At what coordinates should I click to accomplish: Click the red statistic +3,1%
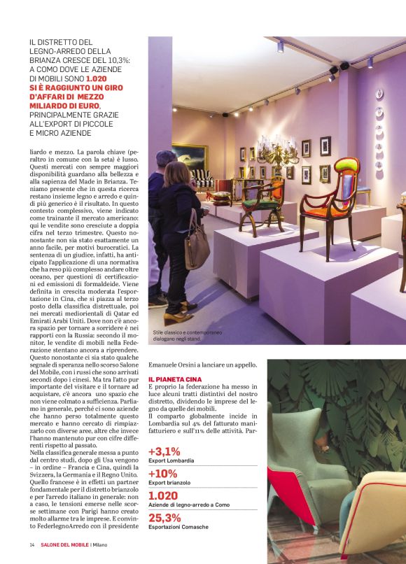[164, 451]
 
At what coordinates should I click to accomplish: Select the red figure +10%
[163, 473]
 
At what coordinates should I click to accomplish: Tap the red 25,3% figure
[164, 517]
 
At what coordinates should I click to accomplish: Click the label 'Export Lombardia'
[171, 461]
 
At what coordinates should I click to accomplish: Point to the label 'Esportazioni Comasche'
[179, 528]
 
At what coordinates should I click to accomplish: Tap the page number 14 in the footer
[32, 546]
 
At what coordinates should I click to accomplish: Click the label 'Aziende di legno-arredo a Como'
[189, 505]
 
